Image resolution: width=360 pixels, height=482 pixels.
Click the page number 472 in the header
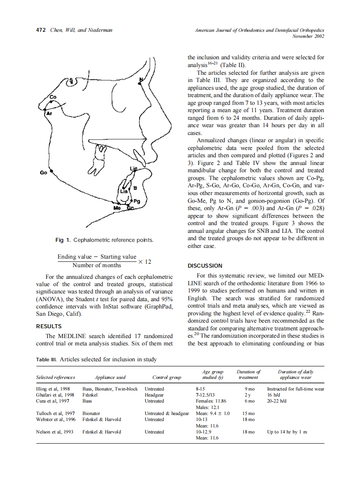tap(41, 30)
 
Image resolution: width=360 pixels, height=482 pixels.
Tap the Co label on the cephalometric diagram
tap(53, 98)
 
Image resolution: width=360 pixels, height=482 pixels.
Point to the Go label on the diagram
tap(43, 172)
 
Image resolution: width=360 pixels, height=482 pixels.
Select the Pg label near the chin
tap(137, 201)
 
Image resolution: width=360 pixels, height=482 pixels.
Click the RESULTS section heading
tap(49, 326)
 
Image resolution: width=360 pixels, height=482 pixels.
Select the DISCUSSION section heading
tap(205, 265)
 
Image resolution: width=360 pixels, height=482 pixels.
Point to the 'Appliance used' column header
tap(110, 377)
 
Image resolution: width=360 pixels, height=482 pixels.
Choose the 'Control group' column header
tap(167, 377)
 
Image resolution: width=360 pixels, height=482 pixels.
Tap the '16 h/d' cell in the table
tap(274, 395)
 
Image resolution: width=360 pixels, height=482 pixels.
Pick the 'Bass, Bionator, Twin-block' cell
tap(110, 389)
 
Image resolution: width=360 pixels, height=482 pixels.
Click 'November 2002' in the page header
tap(308, 37)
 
